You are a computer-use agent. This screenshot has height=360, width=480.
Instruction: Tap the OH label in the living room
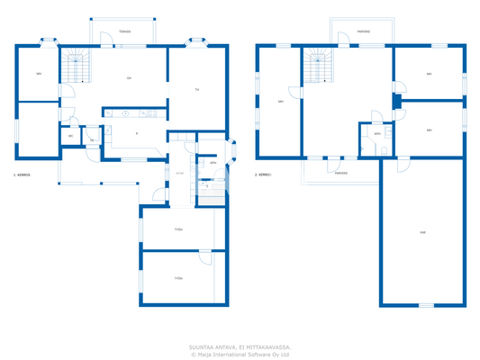tap(130, 80)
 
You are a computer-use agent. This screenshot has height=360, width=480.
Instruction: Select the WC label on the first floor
tap(71, 136)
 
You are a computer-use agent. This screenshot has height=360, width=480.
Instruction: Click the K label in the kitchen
tap(136, 133)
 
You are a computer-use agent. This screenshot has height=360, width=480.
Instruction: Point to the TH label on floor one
tap(196, 90)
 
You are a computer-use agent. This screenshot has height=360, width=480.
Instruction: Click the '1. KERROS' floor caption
tap(23, 175)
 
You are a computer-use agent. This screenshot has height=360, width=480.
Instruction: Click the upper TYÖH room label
tap(179, 229)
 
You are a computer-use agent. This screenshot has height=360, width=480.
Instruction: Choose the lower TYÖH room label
tap(179, 279)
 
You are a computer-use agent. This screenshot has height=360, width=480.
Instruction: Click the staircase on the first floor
tap(77, 67)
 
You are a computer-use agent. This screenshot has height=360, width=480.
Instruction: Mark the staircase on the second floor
tap(316, 66)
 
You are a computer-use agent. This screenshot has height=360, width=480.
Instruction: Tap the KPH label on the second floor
tap(377, 133)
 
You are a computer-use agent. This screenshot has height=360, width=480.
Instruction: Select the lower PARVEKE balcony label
tap(341, 175)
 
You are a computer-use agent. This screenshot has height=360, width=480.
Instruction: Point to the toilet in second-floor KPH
tap(385, 149)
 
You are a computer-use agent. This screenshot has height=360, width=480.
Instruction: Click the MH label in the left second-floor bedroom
tap(281, 102)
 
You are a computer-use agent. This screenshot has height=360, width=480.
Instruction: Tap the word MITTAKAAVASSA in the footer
tap(267, 346)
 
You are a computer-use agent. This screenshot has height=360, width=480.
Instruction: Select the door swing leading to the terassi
tap(104, 37)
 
